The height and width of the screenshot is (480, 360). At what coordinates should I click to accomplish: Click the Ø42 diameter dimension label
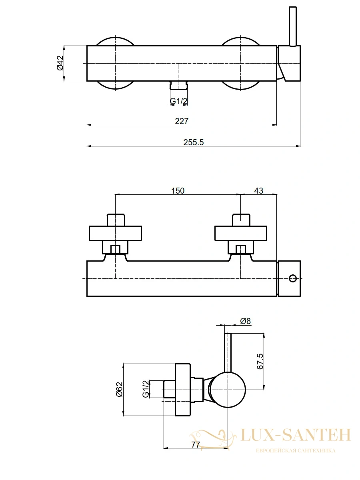click(x=60, y=63)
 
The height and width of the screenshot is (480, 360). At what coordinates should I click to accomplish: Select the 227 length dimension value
click(x=182, y=121)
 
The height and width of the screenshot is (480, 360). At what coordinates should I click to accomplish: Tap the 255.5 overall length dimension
click(x=194, y=142)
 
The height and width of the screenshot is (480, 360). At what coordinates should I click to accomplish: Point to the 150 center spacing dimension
click(x=178, y=191)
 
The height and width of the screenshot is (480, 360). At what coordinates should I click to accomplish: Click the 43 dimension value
click(x=258, y=191)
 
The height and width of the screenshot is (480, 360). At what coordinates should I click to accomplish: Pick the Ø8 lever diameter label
click(x=246, y=321)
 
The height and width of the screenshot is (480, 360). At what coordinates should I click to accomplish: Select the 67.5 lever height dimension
click(x=260, y=362)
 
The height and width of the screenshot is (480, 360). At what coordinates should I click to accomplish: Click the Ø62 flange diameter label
click(x=120, y=390)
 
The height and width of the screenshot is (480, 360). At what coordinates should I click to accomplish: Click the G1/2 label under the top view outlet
click(x=179, y=101)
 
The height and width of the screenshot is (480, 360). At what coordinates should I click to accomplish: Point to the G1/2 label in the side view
click(x=146, y=389)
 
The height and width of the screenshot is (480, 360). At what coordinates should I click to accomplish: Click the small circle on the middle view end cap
click(x=292, y=278)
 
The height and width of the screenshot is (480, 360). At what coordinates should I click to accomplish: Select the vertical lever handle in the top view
click(x=293, y=27)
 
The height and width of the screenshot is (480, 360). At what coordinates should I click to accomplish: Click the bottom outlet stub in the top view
click(x=178, y=85)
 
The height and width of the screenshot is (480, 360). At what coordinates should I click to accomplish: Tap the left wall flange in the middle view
click(x=116, y=233)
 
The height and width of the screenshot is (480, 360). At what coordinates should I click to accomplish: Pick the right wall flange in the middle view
click(x=241, y=233)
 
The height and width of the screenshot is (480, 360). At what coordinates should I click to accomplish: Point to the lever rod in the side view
click(x=228, y=352)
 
